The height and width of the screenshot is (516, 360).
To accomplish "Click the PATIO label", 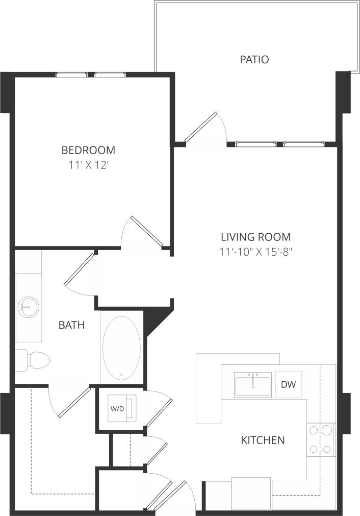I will click(254, 60).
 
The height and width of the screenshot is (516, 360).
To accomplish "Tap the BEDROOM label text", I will click(88, 150).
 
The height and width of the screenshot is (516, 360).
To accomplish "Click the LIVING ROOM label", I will click(255, 237).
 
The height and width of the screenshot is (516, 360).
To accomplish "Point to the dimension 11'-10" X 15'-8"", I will click(255, 252).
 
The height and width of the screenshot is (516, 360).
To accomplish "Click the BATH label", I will click(71, 325).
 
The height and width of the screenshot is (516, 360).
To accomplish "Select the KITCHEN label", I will click(263, 440).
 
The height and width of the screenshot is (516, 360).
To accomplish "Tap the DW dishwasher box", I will click(288, 384).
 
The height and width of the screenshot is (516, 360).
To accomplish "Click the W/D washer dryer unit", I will click(120, 409).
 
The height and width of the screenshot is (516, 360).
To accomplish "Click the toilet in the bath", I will click(33, 360).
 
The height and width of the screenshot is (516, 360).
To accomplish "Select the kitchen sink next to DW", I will click(253, 384).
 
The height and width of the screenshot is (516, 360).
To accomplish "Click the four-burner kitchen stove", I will click(320, 440).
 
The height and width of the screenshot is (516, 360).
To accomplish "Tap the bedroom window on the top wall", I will click(91, 75).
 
